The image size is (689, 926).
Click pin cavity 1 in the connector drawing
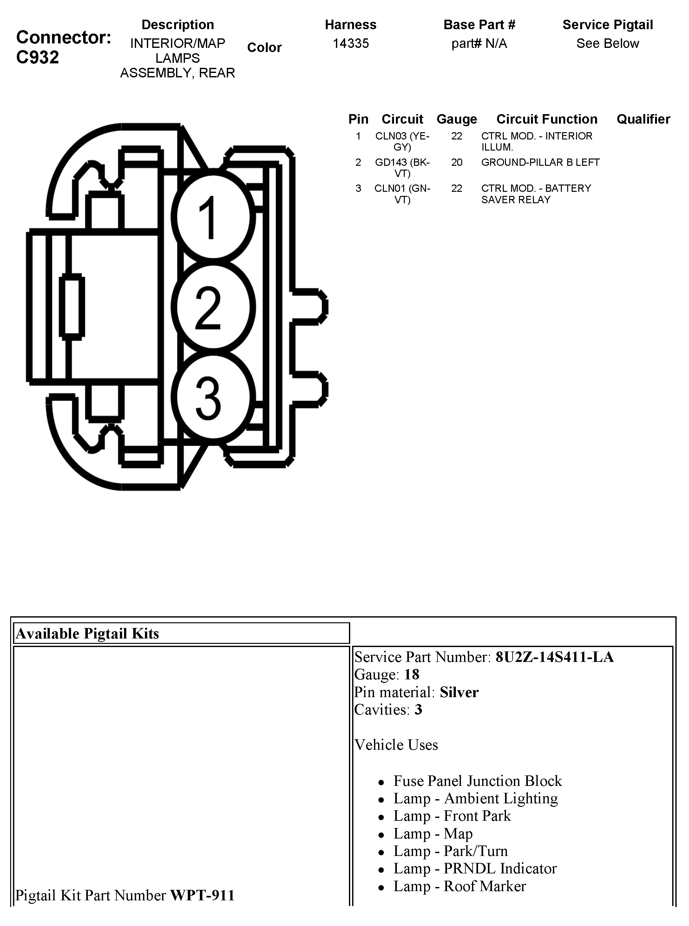click(x=213, y=217)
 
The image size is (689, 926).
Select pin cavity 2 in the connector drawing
click(x=213, y=307)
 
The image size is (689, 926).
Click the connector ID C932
click(x=37, y=57)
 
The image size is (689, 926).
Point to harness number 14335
click(x=350, y=43)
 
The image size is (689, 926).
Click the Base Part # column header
click(x=479, y=25)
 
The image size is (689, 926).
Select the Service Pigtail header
click(x=607, y=25)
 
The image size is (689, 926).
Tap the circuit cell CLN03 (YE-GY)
click(x=402, y=141)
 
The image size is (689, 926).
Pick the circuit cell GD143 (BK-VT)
click(x=402, y=167)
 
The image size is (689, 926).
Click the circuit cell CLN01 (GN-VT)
click(x=402, y=194)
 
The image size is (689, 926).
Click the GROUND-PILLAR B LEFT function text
click(x=540, y=162)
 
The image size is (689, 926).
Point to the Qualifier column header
click(x=643, y=119)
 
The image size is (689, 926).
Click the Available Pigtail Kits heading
click(x=88, y=633)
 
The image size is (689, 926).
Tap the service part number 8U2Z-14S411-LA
click(x=554, y=657)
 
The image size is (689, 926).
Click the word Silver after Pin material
click(x=459, y=692)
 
